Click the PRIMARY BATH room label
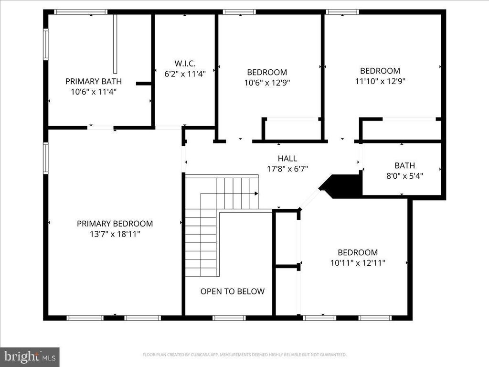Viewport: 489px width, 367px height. tap(93, 81)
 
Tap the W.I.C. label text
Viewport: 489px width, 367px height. tap(185, 64)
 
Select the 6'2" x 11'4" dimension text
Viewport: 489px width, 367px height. tap(185, 74)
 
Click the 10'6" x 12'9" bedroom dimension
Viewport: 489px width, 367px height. tap(267, 83)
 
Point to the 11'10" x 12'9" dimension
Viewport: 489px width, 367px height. tap(380, 81)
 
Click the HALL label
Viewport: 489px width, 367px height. tap(287, 159)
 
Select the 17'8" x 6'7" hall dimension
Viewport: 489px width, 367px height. tap(287, 169)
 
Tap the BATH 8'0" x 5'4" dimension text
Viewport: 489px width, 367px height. tap(404, 176)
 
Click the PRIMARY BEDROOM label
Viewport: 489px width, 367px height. tap(115, 224)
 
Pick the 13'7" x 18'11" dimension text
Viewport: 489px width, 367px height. tap(115, 234)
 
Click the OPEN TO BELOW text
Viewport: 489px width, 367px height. tap(233, 291)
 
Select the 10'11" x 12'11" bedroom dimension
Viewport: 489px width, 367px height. tap(358, 263)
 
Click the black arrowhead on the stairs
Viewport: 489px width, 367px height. tap(256, 194)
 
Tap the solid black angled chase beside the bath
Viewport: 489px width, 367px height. tap(341, 186)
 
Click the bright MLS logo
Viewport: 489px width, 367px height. tap(30, 356)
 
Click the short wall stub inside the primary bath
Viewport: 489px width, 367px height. tap(144, 84)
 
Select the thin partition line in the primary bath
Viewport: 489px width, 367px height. tap(115, 43)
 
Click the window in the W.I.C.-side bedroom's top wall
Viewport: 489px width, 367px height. tap(240, 12)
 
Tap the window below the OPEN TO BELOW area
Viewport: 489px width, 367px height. tap(229, 318)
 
